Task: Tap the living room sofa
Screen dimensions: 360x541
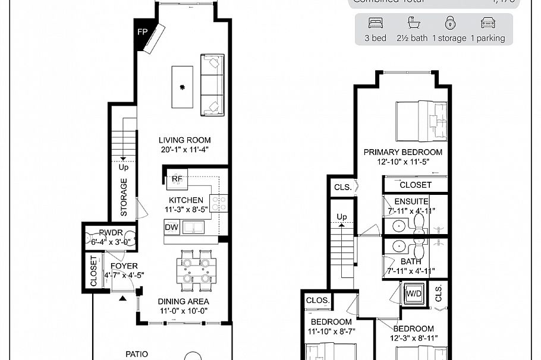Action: coord(212,84)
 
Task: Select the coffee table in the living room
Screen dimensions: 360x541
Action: coord(182,87)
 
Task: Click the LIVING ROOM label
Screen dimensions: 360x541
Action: coord(184,140)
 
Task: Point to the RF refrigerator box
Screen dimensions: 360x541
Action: coord(177,178)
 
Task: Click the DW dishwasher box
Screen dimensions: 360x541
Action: coord(171,226)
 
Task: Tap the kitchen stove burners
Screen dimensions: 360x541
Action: coord(219,203)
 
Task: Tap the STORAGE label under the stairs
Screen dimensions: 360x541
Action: coord(124,197)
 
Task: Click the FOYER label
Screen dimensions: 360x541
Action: coord(124,266)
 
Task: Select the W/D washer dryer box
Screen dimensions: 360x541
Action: coord(414,293)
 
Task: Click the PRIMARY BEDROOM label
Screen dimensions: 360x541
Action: coord(403,152)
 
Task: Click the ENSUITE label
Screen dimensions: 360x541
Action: coord(411,201)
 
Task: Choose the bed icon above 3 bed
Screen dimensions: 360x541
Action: coord(376,24)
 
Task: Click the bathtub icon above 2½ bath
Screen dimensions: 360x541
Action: coord(413,24)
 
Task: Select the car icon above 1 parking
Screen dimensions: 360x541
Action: coord(487,24)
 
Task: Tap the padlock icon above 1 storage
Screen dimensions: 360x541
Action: coord(450,24)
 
